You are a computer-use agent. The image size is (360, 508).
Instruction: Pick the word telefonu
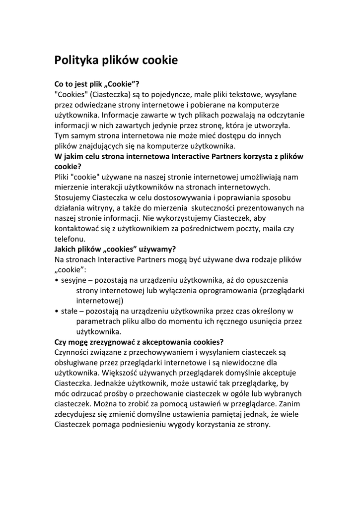[x=70, y=239]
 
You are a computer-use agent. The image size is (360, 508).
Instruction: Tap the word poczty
[x=238, y=228]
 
